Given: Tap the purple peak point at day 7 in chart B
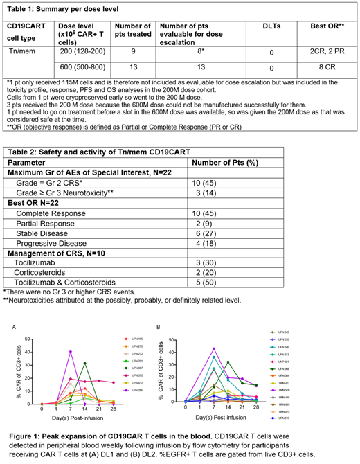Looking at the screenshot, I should pyautogui.click(x=214, y=348).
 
